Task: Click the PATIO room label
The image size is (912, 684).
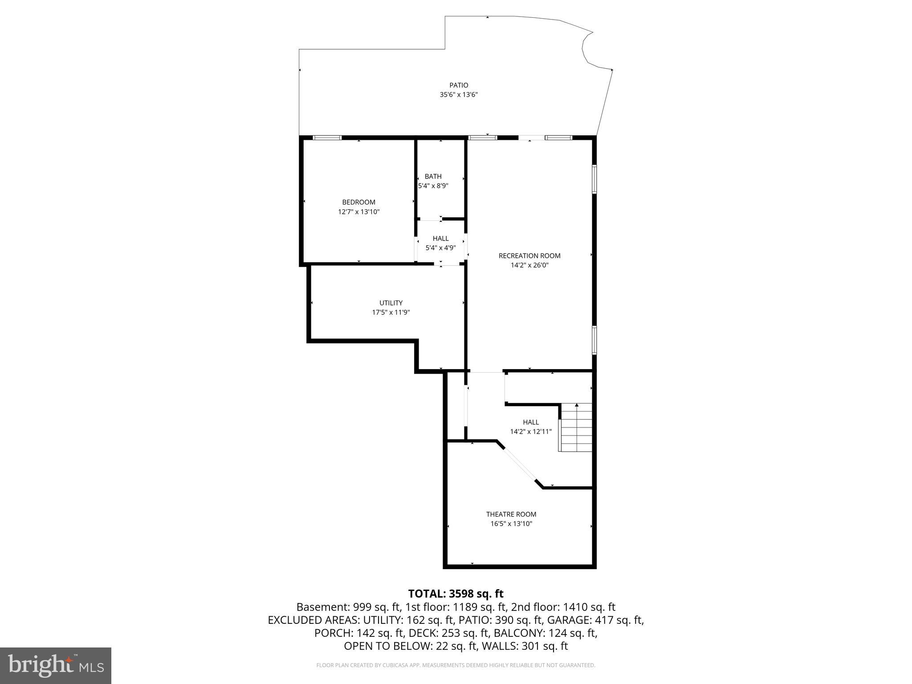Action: pyautogui.click(x=459, y=85)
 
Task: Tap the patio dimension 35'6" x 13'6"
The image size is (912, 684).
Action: pyautogui.click(x=459, y=95)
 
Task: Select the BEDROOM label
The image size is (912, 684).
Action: pyautogui.click(x=358, y=202)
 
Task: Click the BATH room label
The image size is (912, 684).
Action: pyautogui.click(x=433, y=176)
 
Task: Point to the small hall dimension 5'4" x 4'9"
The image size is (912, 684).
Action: pyautogui.click(x=440, y=248)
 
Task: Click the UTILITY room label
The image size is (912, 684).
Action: pyautogui.click(x=391, y=303)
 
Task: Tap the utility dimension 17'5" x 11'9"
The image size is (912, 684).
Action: pyautogui.click(x=391, y=313)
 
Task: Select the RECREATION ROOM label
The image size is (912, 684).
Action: pyautogui.click(x=529, y=256)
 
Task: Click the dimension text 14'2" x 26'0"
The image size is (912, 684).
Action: pyautogui.click(x=529, y=265)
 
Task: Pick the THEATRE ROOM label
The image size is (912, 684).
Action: pyautogui.click(x=511, y=514)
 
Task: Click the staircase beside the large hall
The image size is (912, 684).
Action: pyautogui.click(x=576, y=427)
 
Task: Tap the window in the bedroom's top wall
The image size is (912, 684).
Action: pyautogui.click(x=327, y=138)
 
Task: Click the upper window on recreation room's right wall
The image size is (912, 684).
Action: pyautogui.click(x=594, y=179)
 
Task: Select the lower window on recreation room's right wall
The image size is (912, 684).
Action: pyautogui.click(x=594, y=340)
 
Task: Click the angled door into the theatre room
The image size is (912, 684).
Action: pyautogui.click(x=519, y=464)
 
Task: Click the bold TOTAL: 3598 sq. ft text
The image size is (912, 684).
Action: pyautogui.click(x=456, y=594)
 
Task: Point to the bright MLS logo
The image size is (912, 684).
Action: pyautogui.click(x=56, y=665)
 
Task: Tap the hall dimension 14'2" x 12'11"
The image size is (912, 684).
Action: pyautogui.click(x=531, y=432)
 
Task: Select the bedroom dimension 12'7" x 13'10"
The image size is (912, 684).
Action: pyautogui.click(x=358, y=212)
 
